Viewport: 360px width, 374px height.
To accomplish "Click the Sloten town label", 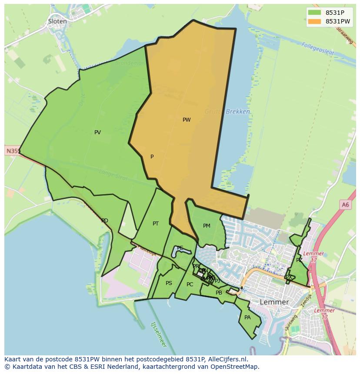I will [57, 21].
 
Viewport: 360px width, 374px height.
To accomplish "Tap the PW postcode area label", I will [187, 120].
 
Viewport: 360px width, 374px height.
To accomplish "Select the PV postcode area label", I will [97, 132].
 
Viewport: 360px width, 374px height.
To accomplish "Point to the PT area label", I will [156, 224].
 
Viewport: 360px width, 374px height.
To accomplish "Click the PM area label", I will [207, 226].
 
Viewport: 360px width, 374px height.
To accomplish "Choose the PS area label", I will [169, 283].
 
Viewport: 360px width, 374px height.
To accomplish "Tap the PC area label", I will [190, 285].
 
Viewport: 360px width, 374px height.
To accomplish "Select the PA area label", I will [247, 318].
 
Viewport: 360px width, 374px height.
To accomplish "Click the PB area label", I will [219, 293].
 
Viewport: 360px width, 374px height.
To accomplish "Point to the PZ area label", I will [299, 260].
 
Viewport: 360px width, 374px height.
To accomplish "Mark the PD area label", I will [105, 221].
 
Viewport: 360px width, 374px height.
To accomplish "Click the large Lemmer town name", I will [274, 302].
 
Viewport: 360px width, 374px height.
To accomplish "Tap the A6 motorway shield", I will [345, 205].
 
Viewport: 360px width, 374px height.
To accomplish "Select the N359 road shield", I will [13, 151].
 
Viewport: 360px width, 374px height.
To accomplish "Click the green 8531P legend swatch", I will [314, 12].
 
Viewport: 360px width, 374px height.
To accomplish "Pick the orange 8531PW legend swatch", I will [314, 21].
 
